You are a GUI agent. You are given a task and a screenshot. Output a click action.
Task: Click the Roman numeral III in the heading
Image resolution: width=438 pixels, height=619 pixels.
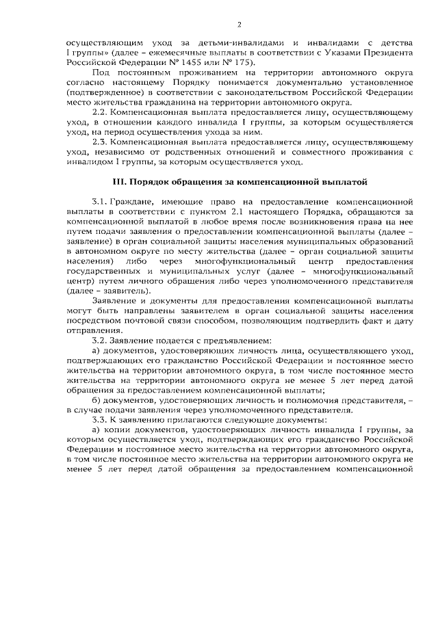[119, 183]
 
